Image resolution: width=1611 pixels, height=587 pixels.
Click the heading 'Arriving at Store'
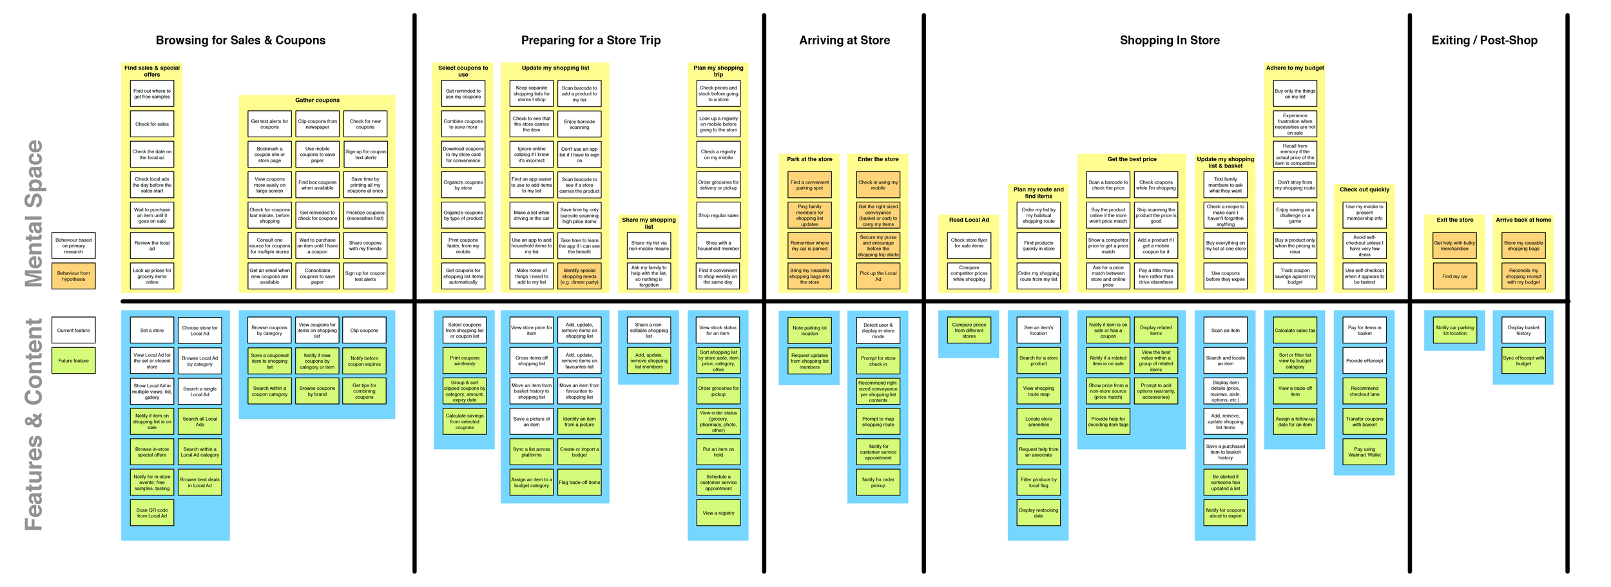(x=844, y=40)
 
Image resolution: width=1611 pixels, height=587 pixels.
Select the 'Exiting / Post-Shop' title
(x=1484, y=40)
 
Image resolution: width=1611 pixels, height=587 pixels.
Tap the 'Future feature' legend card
(x=73, y=361)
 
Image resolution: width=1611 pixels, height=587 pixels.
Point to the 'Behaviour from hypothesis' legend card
(x=73, y=276)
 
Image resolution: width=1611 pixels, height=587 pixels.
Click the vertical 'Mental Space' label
(x=34, y=213)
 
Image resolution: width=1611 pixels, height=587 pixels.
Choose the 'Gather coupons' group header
(x=317, y=101)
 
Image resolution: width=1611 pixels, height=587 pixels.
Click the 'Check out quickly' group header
(x=1364, y=189)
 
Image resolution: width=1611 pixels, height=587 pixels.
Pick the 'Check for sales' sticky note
(x=152, y=124)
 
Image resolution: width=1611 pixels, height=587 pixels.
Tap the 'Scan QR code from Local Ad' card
(x=152, y=513)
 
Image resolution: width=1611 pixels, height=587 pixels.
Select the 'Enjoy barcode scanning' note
(x=579, y=124)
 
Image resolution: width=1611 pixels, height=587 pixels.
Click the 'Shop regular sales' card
(x=719, y=215)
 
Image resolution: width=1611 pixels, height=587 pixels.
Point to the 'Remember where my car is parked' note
(x=809, y=245)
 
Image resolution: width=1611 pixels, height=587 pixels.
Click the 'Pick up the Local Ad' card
(x=878, y=276)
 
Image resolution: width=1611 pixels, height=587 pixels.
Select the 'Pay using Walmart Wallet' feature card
(x=1364, y=452)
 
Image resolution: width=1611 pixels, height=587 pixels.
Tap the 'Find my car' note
(x=1454, y=276)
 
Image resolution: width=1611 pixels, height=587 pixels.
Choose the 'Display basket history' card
(x=1523, y=331)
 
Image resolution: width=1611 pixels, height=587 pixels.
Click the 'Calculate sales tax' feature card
(x=1295, y=331)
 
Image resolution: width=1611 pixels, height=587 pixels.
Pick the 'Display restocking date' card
(x=1038, y=513)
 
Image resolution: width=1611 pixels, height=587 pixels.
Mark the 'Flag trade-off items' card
(x=579, y=483)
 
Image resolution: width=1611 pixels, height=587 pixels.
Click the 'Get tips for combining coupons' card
(x=364, y=391)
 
